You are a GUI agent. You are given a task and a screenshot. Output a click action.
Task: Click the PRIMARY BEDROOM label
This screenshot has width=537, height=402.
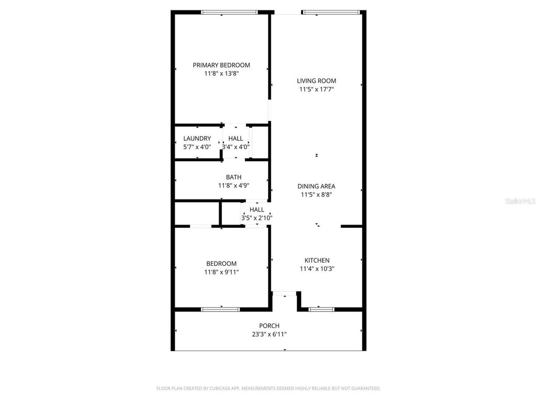[221, 65]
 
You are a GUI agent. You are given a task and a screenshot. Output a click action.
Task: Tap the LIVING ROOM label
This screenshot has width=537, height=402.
[316, 81]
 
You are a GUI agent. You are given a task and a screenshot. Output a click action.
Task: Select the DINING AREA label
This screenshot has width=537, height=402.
[316, 186]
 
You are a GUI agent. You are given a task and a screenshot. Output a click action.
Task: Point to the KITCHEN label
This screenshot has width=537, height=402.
[317, 261]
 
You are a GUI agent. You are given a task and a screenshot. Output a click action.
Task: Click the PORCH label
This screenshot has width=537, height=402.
[269, 326]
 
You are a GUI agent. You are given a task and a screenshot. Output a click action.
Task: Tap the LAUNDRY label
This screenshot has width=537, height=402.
[197, 139]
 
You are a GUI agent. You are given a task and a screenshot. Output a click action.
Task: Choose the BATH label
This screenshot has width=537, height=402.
[233, 177]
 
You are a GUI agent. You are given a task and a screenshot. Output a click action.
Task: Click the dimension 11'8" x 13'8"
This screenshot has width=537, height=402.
[221, 74]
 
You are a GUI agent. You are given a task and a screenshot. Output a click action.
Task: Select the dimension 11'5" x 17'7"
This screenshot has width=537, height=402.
[317, 90]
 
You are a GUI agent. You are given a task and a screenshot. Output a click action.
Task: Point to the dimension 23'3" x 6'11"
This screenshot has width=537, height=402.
[270, 334]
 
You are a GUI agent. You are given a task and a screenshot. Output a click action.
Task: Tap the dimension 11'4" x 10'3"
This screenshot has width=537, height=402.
[317, 269]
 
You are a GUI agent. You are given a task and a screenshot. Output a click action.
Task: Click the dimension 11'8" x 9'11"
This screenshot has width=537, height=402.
[221, 272]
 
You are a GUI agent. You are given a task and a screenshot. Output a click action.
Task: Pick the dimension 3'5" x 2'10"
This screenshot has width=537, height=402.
[257, 218]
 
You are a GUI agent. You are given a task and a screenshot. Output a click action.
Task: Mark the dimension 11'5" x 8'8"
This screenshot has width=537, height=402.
[316, 195]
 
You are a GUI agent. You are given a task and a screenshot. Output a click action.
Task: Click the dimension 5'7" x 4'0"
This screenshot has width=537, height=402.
[197, 147]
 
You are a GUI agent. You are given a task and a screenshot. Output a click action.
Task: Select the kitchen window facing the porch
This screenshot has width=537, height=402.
[321, 309]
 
